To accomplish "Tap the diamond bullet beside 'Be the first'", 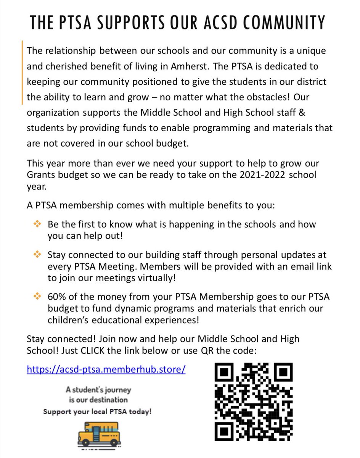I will (x=37, y=224).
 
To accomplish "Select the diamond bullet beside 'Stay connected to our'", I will (x=37, y=254).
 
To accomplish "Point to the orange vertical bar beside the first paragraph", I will (x=22, y=73).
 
